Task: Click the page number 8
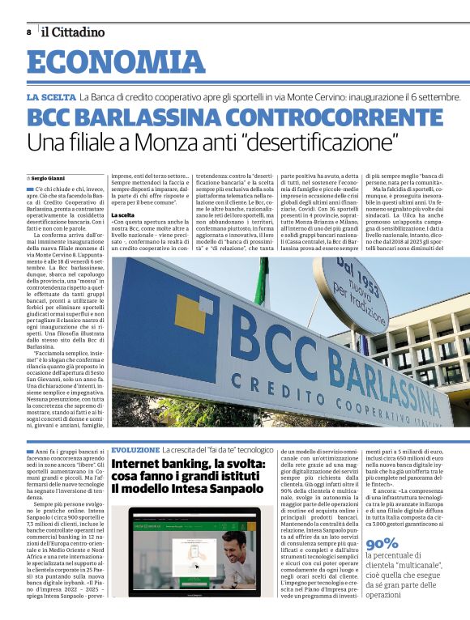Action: pos(28,32)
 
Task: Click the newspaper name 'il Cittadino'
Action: pos(74,32)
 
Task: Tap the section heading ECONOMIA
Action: pos(116,63)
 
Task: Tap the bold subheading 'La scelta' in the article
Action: pos(122,214)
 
